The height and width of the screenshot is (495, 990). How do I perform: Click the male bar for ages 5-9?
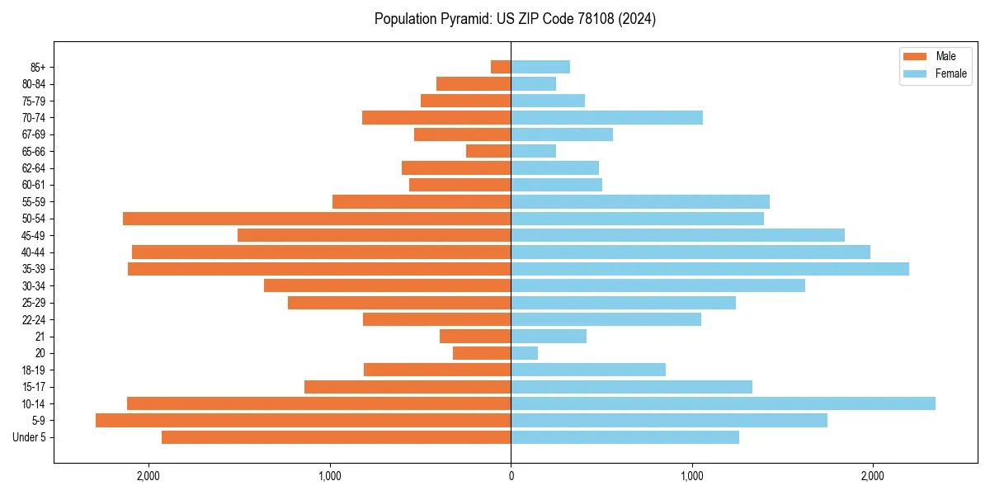(x=303, y=420)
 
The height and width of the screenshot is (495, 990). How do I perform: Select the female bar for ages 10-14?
(x=723, y=403)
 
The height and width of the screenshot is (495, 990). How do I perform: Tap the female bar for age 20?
(x=525, y=353)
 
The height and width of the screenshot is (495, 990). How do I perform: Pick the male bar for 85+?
(x=501, y=67)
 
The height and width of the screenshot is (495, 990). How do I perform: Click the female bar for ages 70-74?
(x=606, y=117)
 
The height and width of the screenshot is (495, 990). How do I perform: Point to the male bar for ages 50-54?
(x=317, y=219)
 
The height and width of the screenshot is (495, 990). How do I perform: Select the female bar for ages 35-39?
(x=709, y=269)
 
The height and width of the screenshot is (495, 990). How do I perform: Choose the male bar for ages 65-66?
(x=488, y=151)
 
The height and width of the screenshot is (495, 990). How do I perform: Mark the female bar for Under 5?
(x=625, y=437)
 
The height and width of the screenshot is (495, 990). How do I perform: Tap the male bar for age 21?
(x=475, y=336)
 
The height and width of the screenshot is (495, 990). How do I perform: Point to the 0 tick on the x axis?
(x=511, y=476)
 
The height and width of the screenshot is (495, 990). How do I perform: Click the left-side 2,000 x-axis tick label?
(x=148, y=476)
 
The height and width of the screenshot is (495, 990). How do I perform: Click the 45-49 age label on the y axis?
(x=34, y=235)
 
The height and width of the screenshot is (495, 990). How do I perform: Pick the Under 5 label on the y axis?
(x=30, y=437)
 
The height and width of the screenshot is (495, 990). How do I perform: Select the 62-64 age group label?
(x=34, y=168)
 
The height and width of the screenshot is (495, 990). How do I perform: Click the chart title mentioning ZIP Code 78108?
(x=515, y=19)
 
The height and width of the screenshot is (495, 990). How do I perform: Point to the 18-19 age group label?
(x=34, y=370)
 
